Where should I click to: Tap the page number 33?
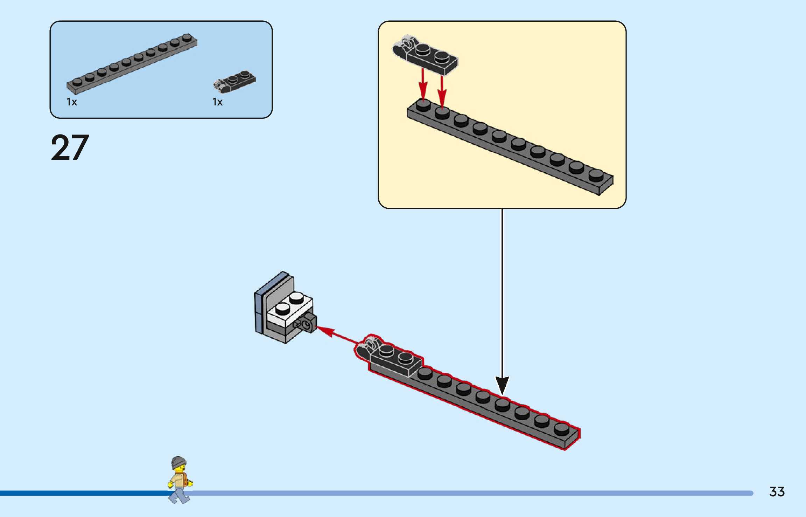pos(777,492)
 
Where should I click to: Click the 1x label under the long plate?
pos(72,102)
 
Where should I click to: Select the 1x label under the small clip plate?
pos(217,102)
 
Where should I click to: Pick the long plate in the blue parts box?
pos(132,64)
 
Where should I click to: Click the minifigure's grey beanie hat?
pos(178,462)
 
